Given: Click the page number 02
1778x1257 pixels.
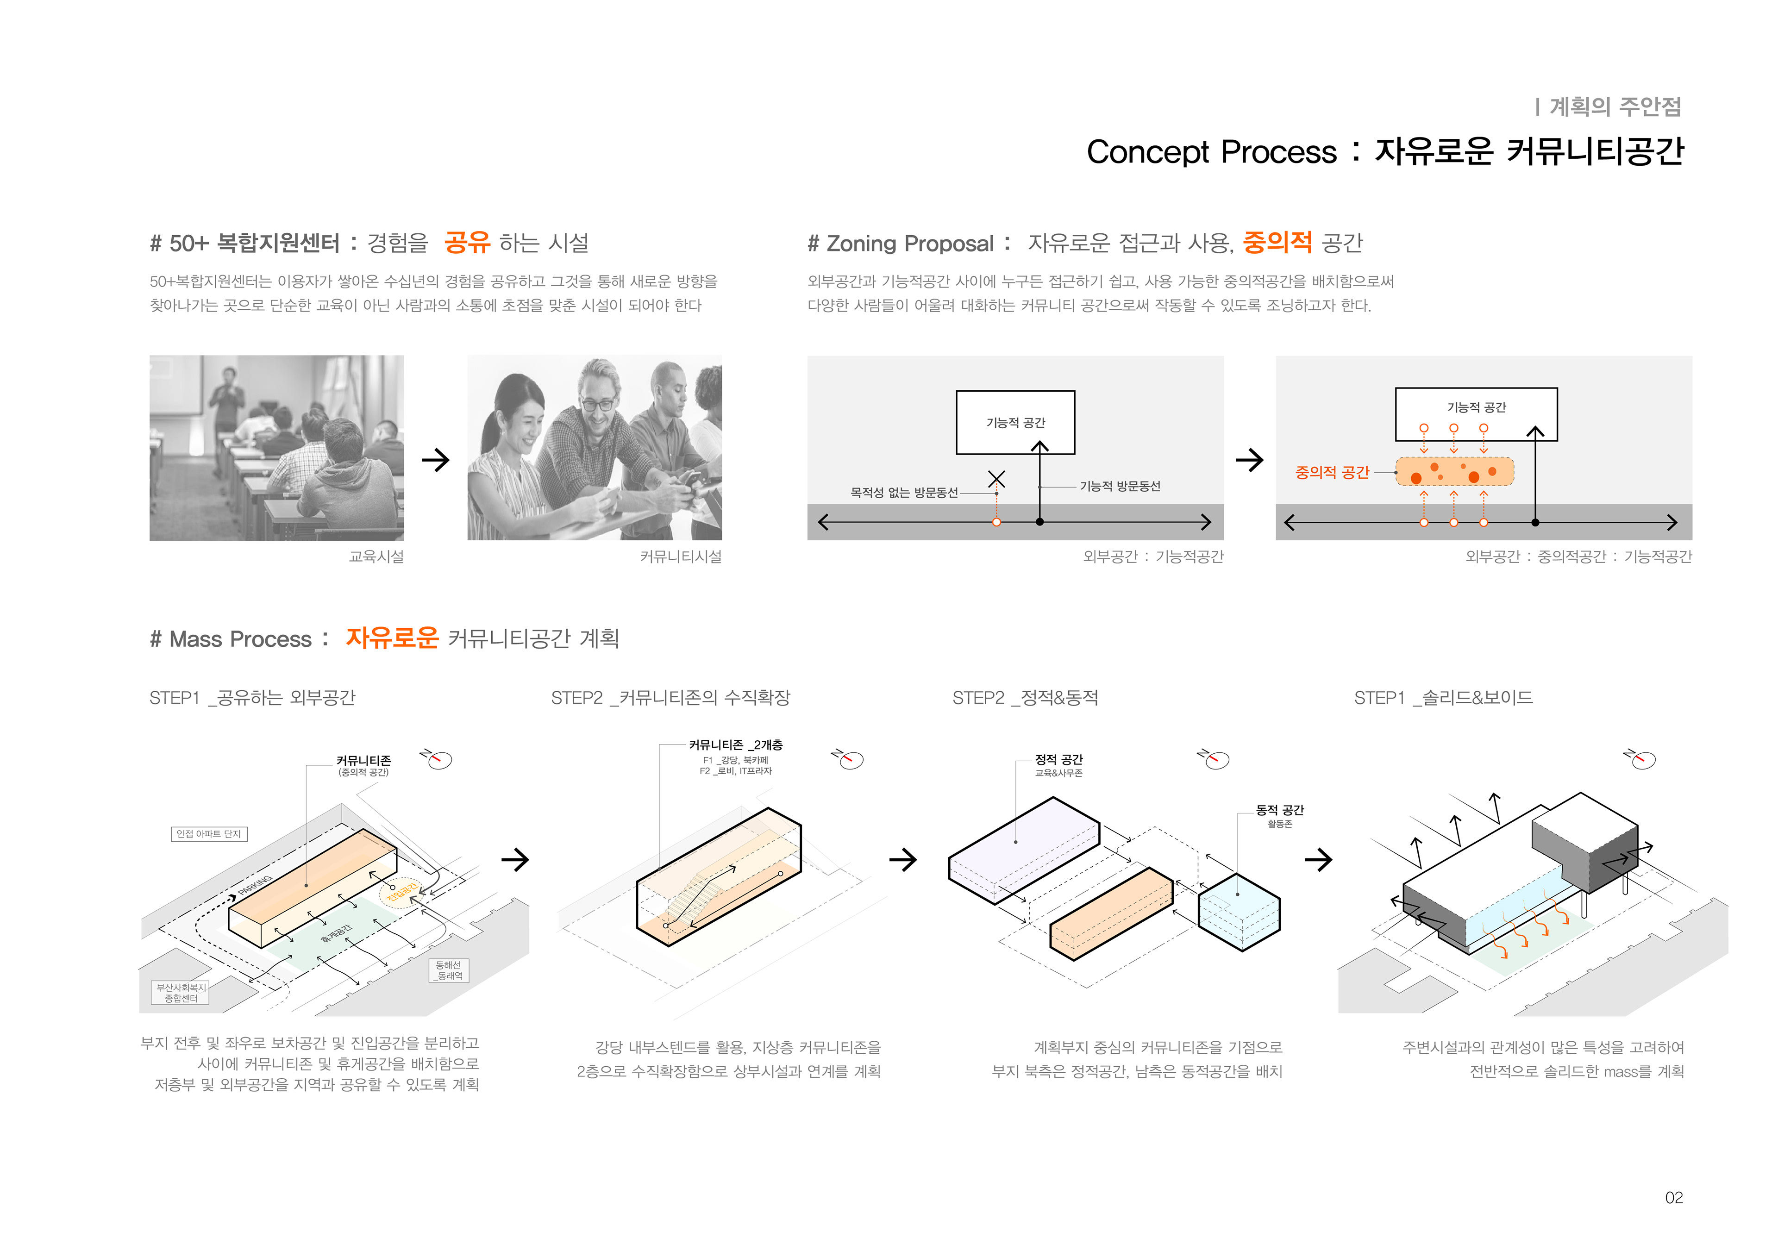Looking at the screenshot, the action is pyautogui.click(x=1673, y=1197).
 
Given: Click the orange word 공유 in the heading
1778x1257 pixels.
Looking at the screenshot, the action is pyautogui.click(x=467, y=243).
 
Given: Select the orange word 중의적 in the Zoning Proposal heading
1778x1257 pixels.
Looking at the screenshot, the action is pyautogui.click(x=1277, y=243).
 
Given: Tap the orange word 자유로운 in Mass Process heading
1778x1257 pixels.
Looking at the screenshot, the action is pyautogui.click(x=392, y=638).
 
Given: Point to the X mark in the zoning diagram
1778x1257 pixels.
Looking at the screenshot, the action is pyautogui.click(x=996, y=479).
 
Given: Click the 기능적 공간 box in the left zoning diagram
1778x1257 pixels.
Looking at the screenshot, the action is pyautogui.click(x=1015, y=422).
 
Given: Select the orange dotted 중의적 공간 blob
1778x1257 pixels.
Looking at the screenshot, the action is pyautogui.click(x=1454, y=471).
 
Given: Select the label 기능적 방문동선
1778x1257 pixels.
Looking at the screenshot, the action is pyautogui.click(x=1120, y=486).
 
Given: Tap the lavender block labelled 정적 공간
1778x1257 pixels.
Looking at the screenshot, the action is pyautogui.click(x=1022, y=848).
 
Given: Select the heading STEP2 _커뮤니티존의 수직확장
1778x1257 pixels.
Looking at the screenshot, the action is pyautogui.click(x=670, y=698).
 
